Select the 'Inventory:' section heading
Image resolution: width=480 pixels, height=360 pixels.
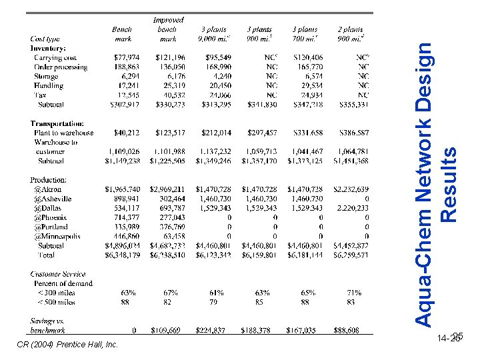pyautogui.click(x=48, y=48)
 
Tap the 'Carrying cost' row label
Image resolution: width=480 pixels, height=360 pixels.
pyautogui.click(x=55, y=58)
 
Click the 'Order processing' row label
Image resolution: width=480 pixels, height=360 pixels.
pyautogui.click(x=60, y=67)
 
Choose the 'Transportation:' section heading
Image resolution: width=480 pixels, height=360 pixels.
pyautogui.click(x=57, y=123)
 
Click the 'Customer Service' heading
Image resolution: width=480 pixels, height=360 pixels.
pyautogui.click(x=58, y=274)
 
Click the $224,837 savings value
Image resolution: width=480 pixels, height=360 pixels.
pyautogui.click(x=212, y=329)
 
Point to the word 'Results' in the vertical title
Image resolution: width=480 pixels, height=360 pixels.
pyautogui.click(x=449, y=185)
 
